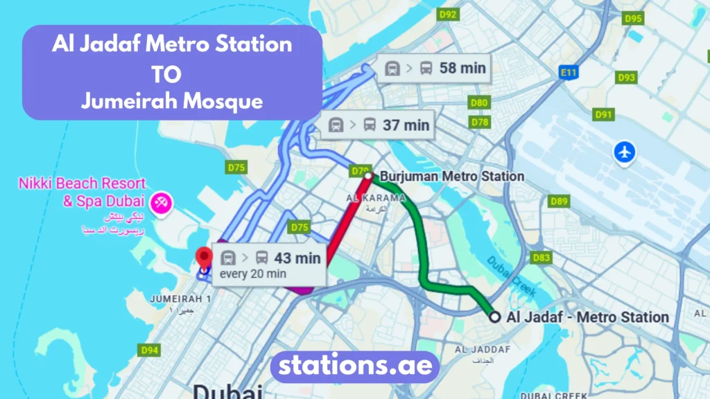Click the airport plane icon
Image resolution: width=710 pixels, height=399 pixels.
(x=625, y=152)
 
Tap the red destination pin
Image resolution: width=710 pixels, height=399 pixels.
(x=204, y=258)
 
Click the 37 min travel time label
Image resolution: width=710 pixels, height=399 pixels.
(x=379, y=125)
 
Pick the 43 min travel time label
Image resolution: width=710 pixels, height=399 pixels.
(x=270, y=258)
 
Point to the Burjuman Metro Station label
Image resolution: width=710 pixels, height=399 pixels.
(x=451, y=176)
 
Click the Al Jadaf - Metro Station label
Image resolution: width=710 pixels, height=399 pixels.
(x=587, y=317)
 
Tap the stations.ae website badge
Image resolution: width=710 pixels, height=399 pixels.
(x=354, y=365)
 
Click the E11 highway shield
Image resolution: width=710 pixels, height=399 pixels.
(x=569, y=71)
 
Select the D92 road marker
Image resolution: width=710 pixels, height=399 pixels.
(x=449, y=15)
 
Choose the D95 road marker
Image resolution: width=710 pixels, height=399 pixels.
(x=633, y=19)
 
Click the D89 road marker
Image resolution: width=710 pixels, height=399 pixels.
(x=559, y=202)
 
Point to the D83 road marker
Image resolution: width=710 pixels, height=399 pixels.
(x=542, y=258)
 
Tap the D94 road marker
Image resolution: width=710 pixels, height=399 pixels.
(x=150, y=350)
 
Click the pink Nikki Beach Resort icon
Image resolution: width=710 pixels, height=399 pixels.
(x=162, y=203)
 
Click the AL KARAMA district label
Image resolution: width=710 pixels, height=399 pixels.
(x=375, y=198)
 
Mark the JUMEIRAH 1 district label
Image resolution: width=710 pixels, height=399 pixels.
(x=180, y=299)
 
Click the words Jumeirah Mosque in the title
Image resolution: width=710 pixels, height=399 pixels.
(x=172, y=101)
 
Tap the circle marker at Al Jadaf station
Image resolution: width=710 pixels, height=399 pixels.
(x=494, y=317)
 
